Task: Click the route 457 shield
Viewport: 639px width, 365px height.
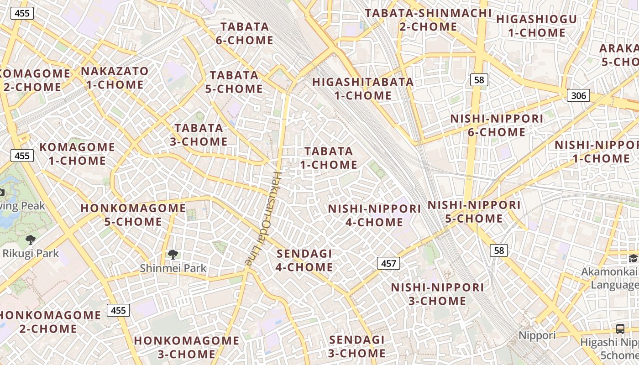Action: pos(388,263)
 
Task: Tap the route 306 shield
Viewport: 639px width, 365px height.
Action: pos(578,95)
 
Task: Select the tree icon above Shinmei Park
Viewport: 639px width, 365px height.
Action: pos(173,255)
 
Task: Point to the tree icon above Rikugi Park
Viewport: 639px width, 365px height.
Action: pos(31,240)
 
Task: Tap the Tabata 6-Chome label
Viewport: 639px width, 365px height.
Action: pos(244,33)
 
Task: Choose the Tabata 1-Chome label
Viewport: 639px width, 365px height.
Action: pos(329,157)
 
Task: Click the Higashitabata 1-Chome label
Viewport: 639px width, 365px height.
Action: pos(363,89)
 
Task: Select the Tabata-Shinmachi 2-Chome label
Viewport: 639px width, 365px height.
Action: pos(428,20)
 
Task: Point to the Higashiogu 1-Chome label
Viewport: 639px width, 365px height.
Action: pos(536,26)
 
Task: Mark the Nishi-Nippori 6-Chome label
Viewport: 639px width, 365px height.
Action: pos(497,125)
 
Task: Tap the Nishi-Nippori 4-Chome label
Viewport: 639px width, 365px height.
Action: pos(374,215)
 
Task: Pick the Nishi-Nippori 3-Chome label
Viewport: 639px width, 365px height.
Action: pos(437,294)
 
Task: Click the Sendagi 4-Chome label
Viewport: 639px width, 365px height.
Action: pos(304,260)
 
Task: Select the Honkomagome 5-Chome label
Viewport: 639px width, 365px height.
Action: pos(133,215)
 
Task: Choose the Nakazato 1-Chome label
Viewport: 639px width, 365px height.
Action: pos(115,78)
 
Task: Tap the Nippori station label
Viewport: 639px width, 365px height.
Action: pos(537,336)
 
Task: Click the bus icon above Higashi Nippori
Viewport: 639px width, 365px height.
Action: pos(620,328)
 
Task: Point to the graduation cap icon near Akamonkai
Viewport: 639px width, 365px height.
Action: pos(633,258)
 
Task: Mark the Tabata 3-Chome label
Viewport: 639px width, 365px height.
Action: pos(199,135)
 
